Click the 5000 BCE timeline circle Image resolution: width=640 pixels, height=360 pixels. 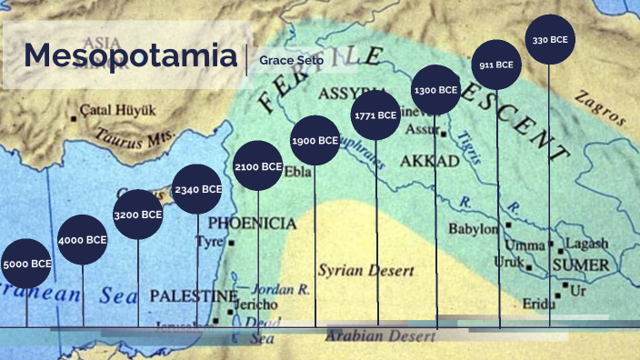pos(26,264)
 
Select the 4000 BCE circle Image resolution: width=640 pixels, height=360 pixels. pos(83,240)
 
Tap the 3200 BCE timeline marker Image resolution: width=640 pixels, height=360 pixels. pos(138,215)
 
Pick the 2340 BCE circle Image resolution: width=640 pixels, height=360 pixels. pos(197,189)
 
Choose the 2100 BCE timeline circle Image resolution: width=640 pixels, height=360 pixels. pos(258,166)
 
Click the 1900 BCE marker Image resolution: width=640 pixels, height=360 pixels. pos(315,141)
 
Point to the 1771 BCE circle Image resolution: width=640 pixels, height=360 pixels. pos(375,115)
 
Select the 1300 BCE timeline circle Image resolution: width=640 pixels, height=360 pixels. pos(435,90)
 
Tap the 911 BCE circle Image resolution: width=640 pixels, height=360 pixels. pos(496,65)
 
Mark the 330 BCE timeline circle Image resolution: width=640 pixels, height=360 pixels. pos(550,40)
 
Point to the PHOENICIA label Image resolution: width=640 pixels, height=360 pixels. pos(252,223)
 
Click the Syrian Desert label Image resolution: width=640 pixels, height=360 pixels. pos(365,271)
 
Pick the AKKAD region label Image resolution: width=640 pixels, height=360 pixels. pos(429,162)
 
